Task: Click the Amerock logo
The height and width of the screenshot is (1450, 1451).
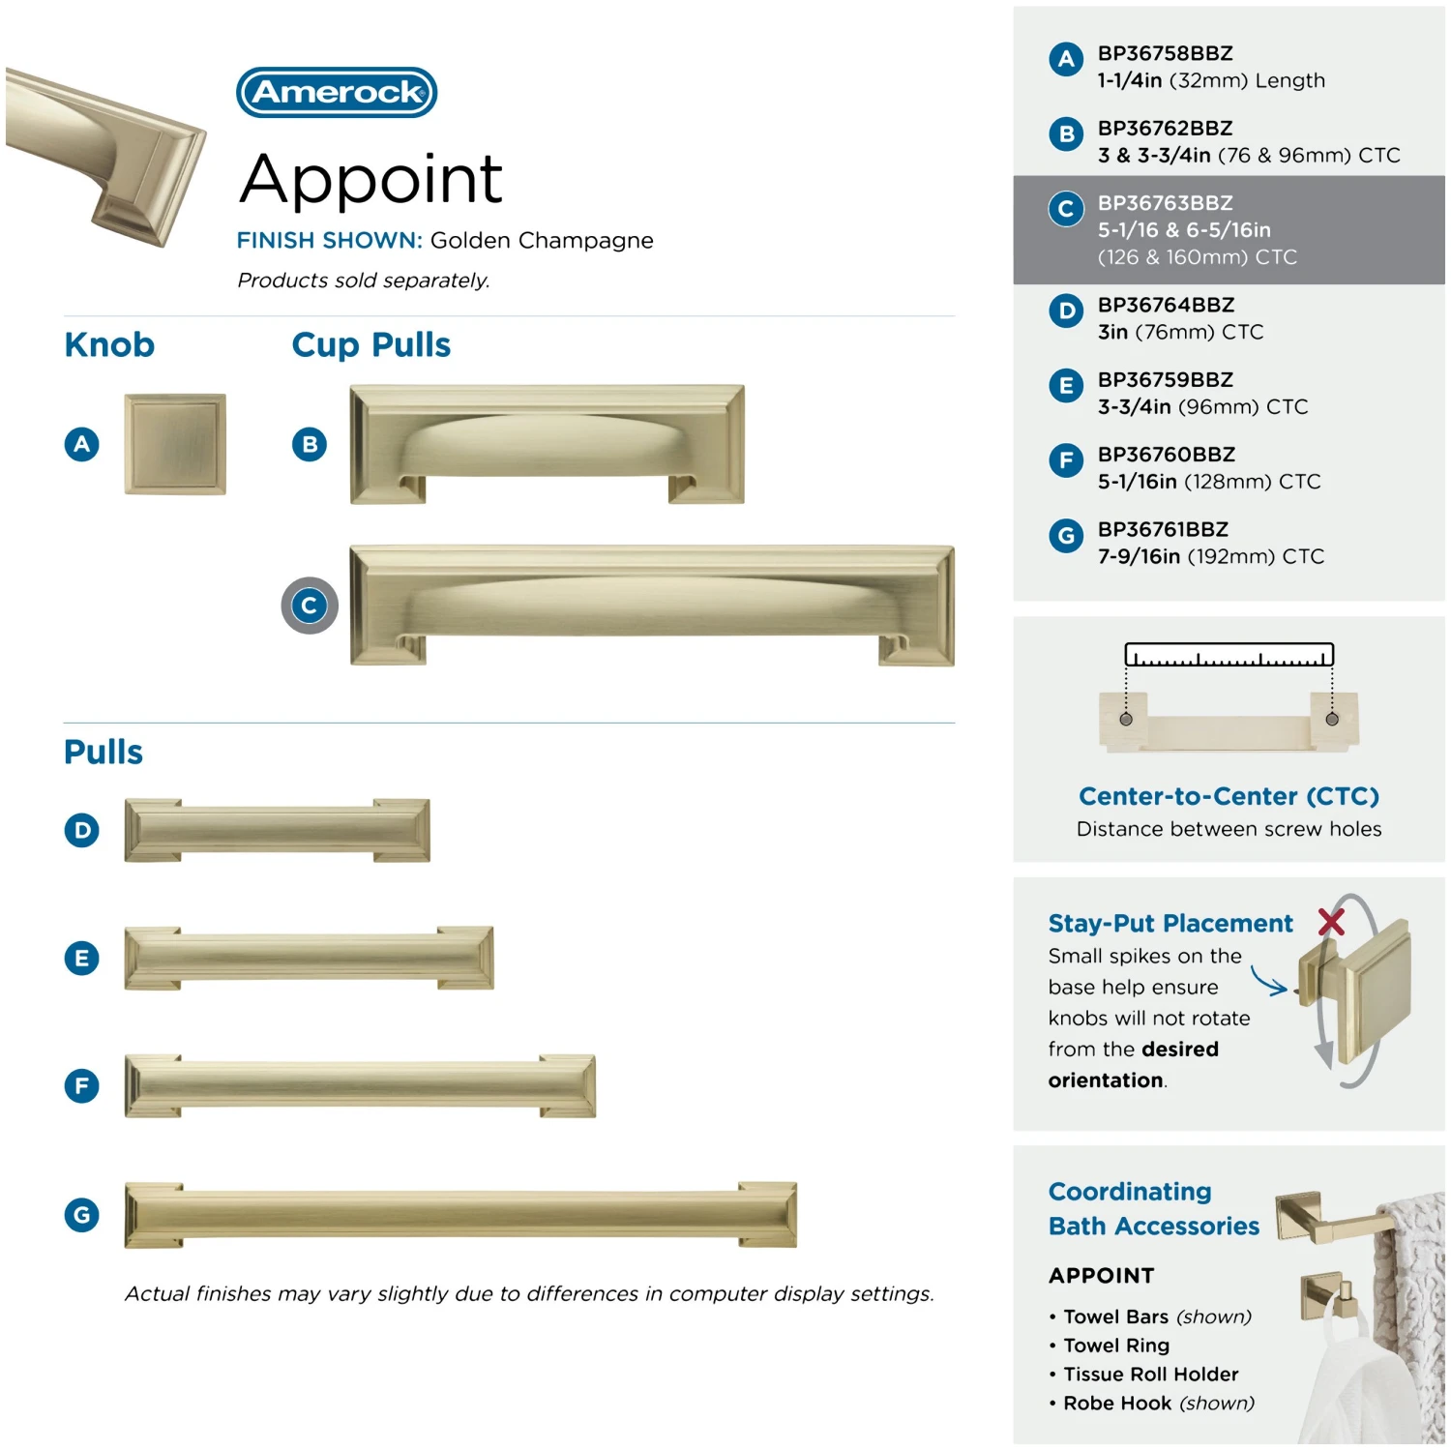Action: pyautogui.click(x=337, y=92)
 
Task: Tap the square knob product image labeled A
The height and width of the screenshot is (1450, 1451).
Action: pyautogui.click(x=175, y=444)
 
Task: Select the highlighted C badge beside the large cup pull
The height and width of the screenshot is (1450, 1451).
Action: pyautogui.click(x=310, y=606)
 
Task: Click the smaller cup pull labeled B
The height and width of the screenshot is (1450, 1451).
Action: pyautogui.click(x=547, y=444)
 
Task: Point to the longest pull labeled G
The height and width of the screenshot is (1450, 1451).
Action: pyautogui.click(x=460, y=1215)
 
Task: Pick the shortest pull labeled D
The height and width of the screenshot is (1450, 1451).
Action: pyautogui.click(x=277, y=830)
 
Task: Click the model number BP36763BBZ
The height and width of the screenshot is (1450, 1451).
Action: pyautogui.click(x=1165, y=203)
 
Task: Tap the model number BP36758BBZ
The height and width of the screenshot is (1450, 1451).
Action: pyautogui.click(x=1165, y=53)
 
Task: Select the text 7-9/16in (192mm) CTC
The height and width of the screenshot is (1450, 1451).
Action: pyautogui.click(x=1210, y=556)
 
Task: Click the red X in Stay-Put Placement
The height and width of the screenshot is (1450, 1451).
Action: pyautogui.click(x=1331, y=922)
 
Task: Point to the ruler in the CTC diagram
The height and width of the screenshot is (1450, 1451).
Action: pyautogui.click(x=1229, y=655)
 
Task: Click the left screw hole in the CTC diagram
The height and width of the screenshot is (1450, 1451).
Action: pyautogui.click(x=1126, y=720)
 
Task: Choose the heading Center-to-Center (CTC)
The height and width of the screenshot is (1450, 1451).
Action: pyautogui.click(x=1229, y=796)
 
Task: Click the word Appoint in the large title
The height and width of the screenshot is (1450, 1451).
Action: pyautogui.click(x=370, y=181)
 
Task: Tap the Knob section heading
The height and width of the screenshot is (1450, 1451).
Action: pyautogui.click(x=109, y=344)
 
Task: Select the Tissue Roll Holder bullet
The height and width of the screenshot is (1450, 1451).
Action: pyautogui.click(x=1143, y=1374)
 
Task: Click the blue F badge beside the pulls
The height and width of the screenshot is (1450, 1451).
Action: pyautogui.click(x=82, y=1085)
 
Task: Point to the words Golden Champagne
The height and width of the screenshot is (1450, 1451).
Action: pyautogui.click(x=542, y=241)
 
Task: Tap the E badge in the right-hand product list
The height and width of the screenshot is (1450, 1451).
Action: pyautogui.click(x=1066, y=386)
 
